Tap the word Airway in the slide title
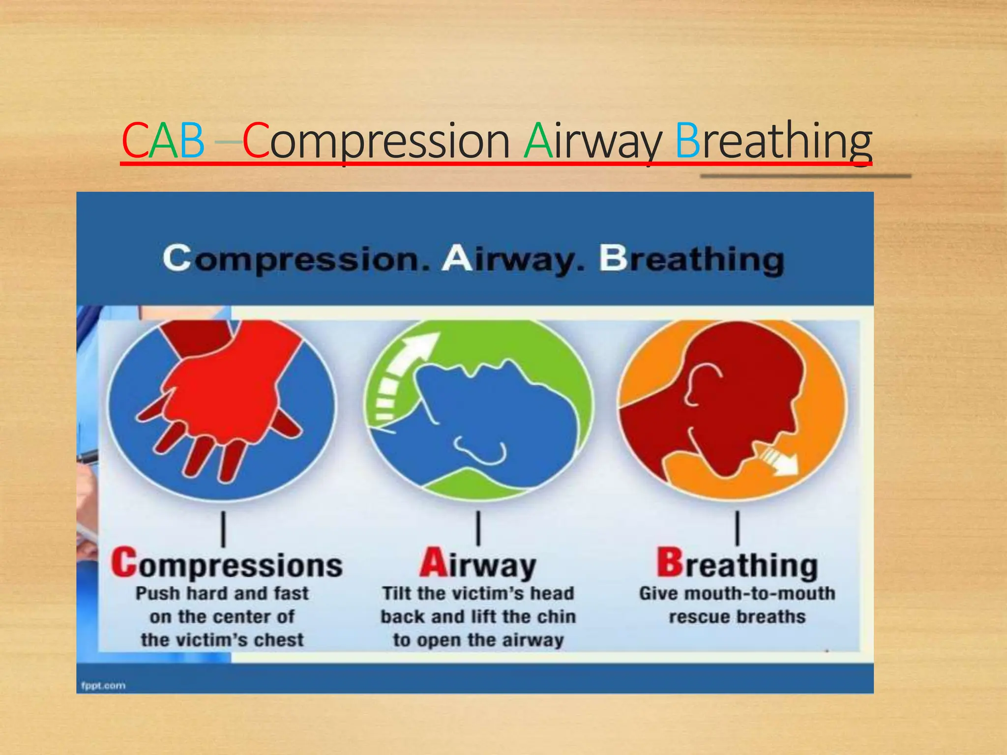(x=592, y=141)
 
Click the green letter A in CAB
(x=163, y=141)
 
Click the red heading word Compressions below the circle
(x=227, y=564)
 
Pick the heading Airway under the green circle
(x=478, y=564)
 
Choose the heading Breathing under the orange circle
(x=737, y=564)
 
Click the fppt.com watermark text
(x=103, y=685)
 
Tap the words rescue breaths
(x=737, y=617)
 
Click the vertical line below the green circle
(x=478, y=528)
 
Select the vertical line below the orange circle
(x=737, y=528)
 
